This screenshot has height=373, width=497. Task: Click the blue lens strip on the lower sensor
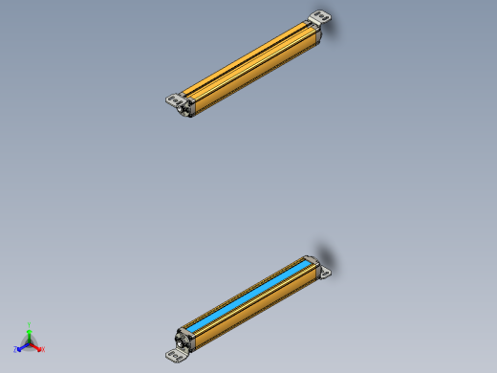(x=250, y=295)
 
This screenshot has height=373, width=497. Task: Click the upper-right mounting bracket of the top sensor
(x=318, y=17)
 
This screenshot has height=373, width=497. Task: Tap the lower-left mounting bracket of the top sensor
(x=173, y=99)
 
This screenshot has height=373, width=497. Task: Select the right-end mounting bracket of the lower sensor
(x=324, y=273)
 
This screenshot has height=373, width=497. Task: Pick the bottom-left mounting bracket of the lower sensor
(x=175, y=356)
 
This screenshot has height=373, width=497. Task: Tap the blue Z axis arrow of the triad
(x=22, y=346)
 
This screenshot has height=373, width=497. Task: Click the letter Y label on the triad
(x=30, y=325)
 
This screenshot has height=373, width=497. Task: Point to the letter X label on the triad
(x=43, y=349)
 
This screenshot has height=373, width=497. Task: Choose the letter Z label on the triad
(x=15, y=350)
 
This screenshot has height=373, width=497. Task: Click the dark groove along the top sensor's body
(x=251, y=62)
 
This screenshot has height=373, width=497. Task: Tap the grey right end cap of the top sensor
(x=315, y=33)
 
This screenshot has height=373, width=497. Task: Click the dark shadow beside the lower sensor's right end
(x=328, y=255)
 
